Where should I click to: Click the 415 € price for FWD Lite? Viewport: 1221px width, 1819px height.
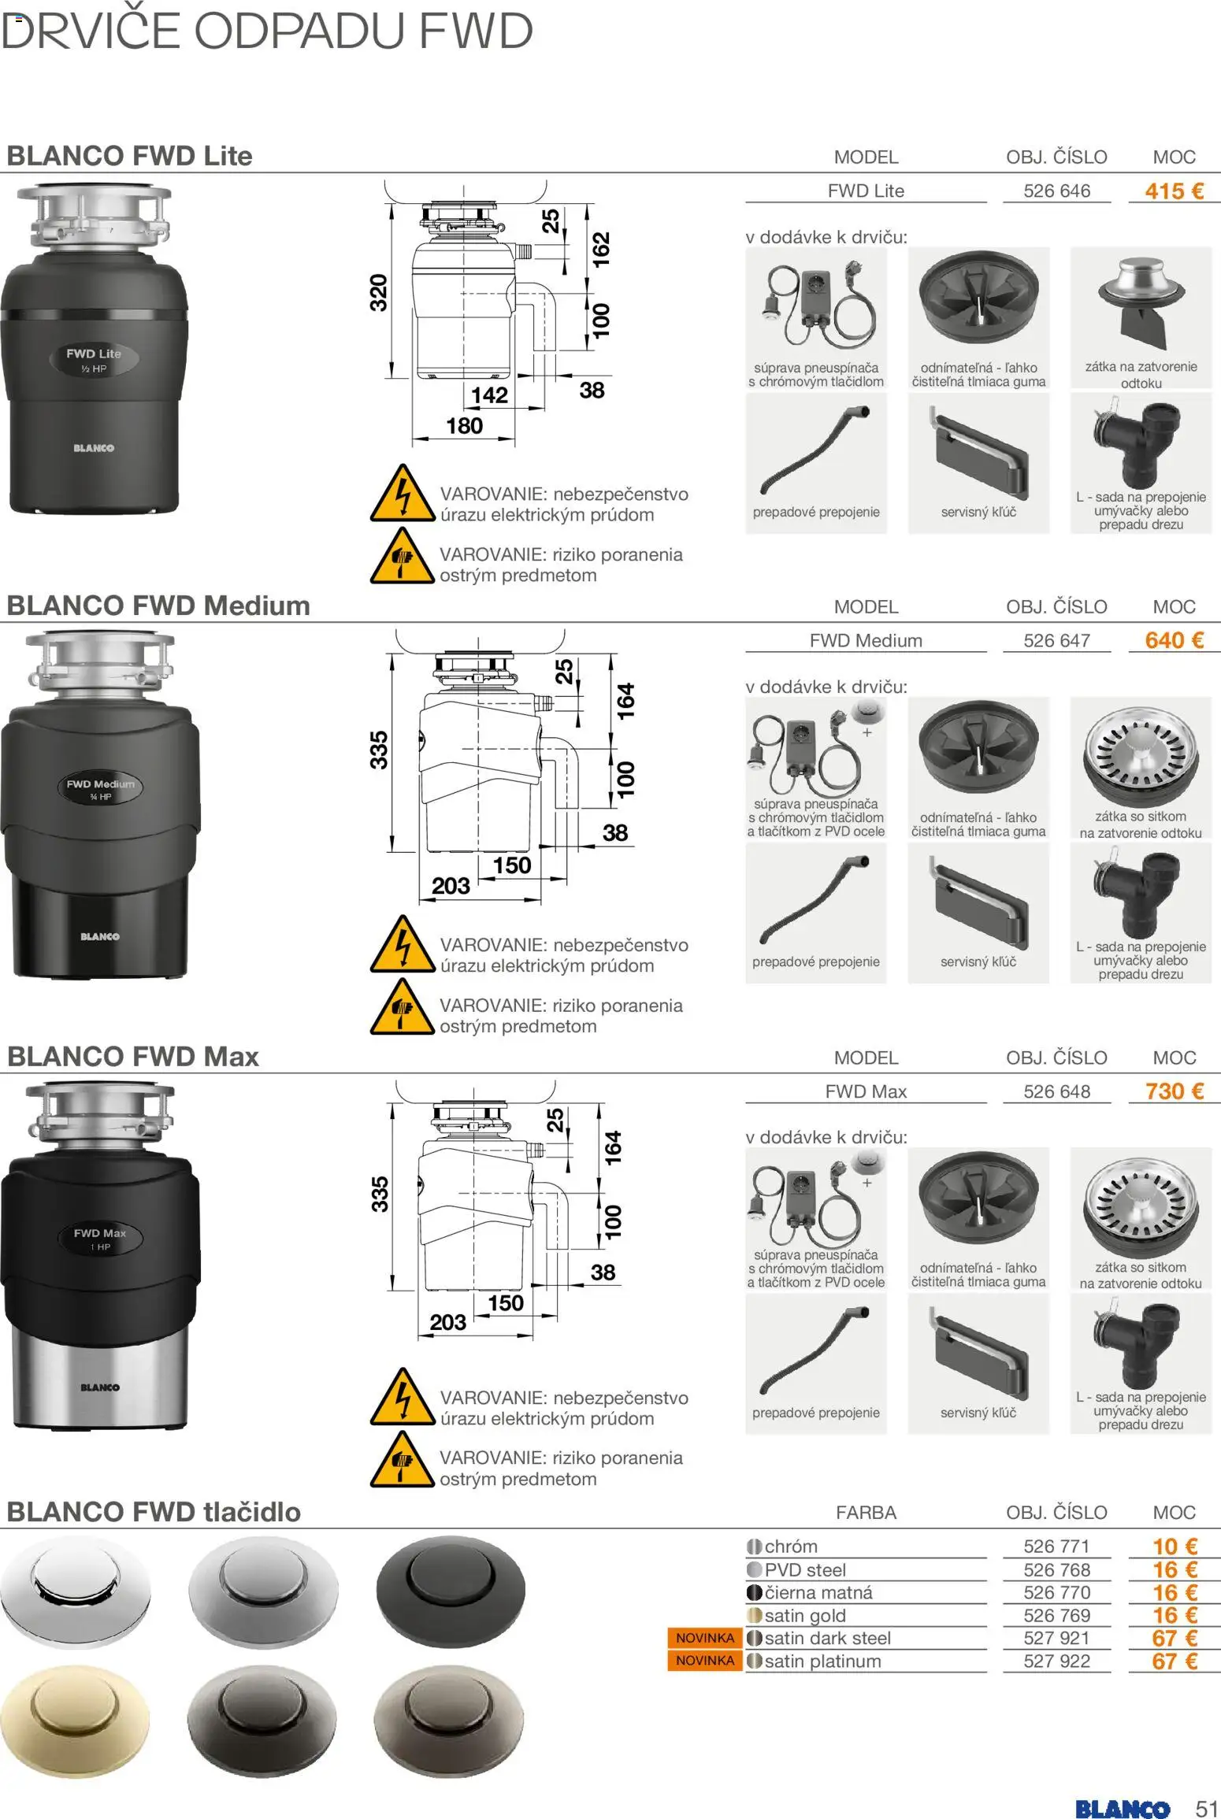tap(1174, 191)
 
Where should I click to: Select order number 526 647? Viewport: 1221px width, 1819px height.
tap(1056, 641)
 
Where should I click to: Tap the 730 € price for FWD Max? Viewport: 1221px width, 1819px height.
tap(1174, 1091)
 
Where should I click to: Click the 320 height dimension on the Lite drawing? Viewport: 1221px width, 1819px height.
tap(379, 292)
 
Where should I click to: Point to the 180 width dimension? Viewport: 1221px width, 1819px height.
tap(464, 426)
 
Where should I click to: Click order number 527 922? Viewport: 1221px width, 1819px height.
tap(1056, 1662)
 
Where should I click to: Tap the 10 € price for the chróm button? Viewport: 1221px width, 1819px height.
tap(1175, 1547)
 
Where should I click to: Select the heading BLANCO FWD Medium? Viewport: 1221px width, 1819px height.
tap(158, 606)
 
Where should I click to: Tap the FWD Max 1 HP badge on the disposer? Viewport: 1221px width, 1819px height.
tap(100, 1239)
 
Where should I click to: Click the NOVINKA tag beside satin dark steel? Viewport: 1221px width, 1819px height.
tap(705, 1638)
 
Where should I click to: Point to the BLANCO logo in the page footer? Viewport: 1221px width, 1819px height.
tap(1122, 1788)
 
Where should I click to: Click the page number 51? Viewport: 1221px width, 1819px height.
tap(1206, 1787)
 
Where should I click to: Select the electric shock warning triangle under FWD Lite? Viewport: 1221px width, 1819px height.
tap(403, 493)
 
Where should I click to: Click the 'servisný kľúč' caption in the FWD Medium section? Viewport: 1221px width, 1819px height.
tap(978, 962)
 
